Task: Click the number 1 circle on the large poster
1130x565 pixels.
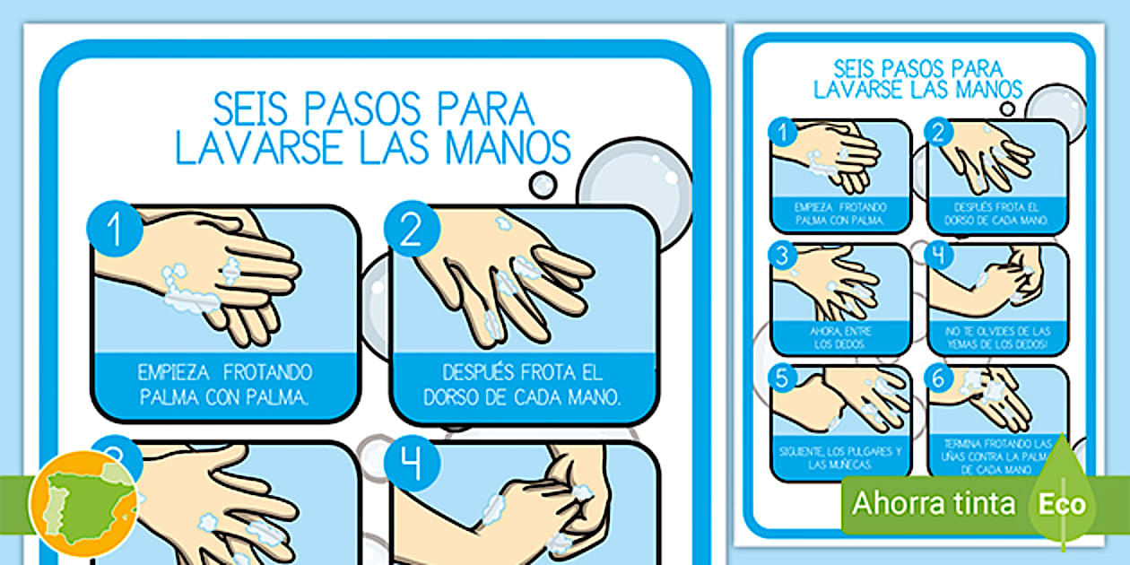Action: click(x=115, y=230)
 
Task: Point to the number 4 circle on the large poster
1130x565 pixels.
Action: click(x=412, y=464)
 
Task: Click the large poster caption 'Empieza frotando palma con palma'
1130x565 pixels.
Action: click(x=225, y=384)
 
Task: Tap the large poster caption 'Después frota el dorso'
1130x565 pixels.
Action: click(x=524, y=384)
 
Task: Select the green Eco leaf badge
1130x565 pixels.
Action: click(x=1062, y=503)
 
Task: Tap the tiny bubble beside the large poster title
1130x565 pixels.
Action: click(x=543, y=185)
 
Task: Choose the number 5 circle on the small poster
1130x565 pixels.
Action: click(x=782, y=378)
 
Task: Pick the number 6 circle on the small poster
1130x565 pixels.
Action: click(x=939, y=378)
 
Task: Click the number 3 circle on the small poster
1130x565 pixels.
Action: click(x=782, y=256)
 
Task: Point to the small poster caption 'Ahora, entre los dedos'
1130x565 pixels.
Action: click(x=840, y=337)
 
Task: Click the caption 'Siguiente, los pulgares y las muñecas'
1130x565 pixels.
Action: click(x=840, y=458)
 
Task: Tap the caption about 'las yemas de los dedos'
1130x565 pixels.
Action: click(x=997, y=337)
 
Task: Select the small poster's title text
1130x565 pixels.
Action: click(x=917, y=79)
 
